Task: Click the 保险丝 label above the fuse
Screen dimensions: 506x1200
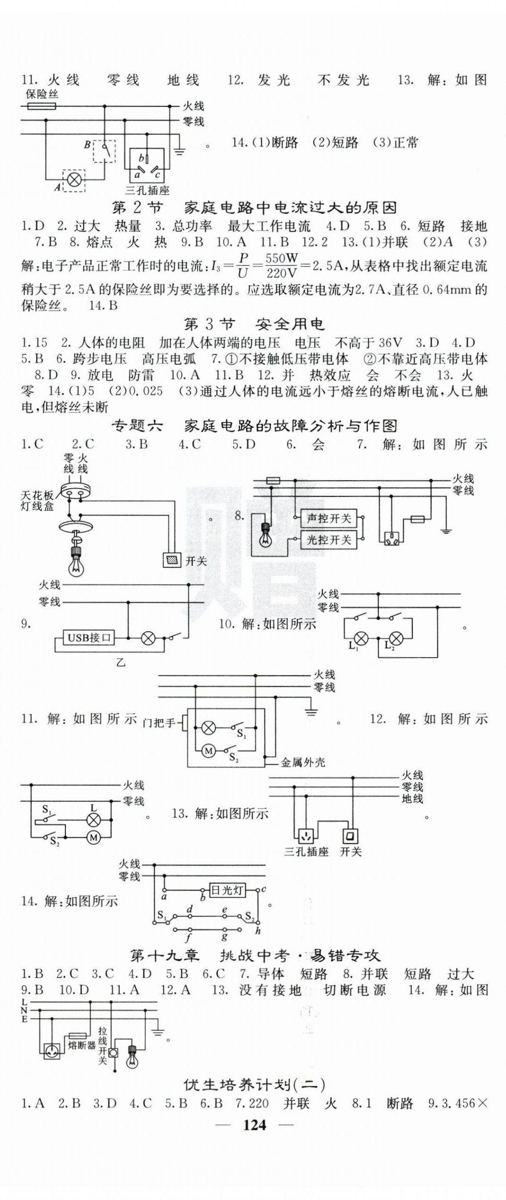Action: [x=41, y=94]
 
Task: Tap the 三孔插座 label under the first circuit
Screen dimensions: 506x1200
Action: [x=147, y=190]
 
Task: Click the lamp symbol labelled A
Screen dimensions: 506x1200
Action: [x=74, y=180]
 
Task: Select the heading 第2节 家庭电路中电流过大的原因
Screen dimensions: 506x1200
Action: [x=254, y=207]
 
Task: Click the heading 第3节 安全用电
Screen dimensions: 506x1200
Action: [x=254, y=324]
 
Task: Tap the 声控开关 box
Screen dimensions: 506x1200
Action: [x=329, y=519]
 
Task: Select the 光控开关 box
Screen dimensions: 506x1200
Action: [x=329, y=540]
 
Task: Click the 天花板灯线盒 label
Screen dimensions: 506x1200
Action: [x=37, y=501]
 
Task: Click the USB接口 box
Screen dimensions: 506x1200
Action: [x=89, y=638]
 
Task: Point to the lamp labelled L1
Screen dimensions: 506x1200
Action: [x=361, y=638]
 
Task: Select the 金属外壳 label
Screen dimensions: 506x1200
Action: [x=303, y=762]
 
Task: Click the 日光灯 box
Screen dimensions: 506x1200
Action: [x=227, y=890]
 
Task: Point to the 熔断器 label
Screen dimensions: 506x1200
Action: [x=82, y=1045]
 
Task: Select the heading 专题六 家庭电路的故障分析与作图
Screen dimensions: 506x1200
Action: [x=254, y=426]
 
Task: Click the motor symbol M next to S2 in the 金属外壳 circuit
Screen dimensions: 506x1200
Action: [x=209, y=751]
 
